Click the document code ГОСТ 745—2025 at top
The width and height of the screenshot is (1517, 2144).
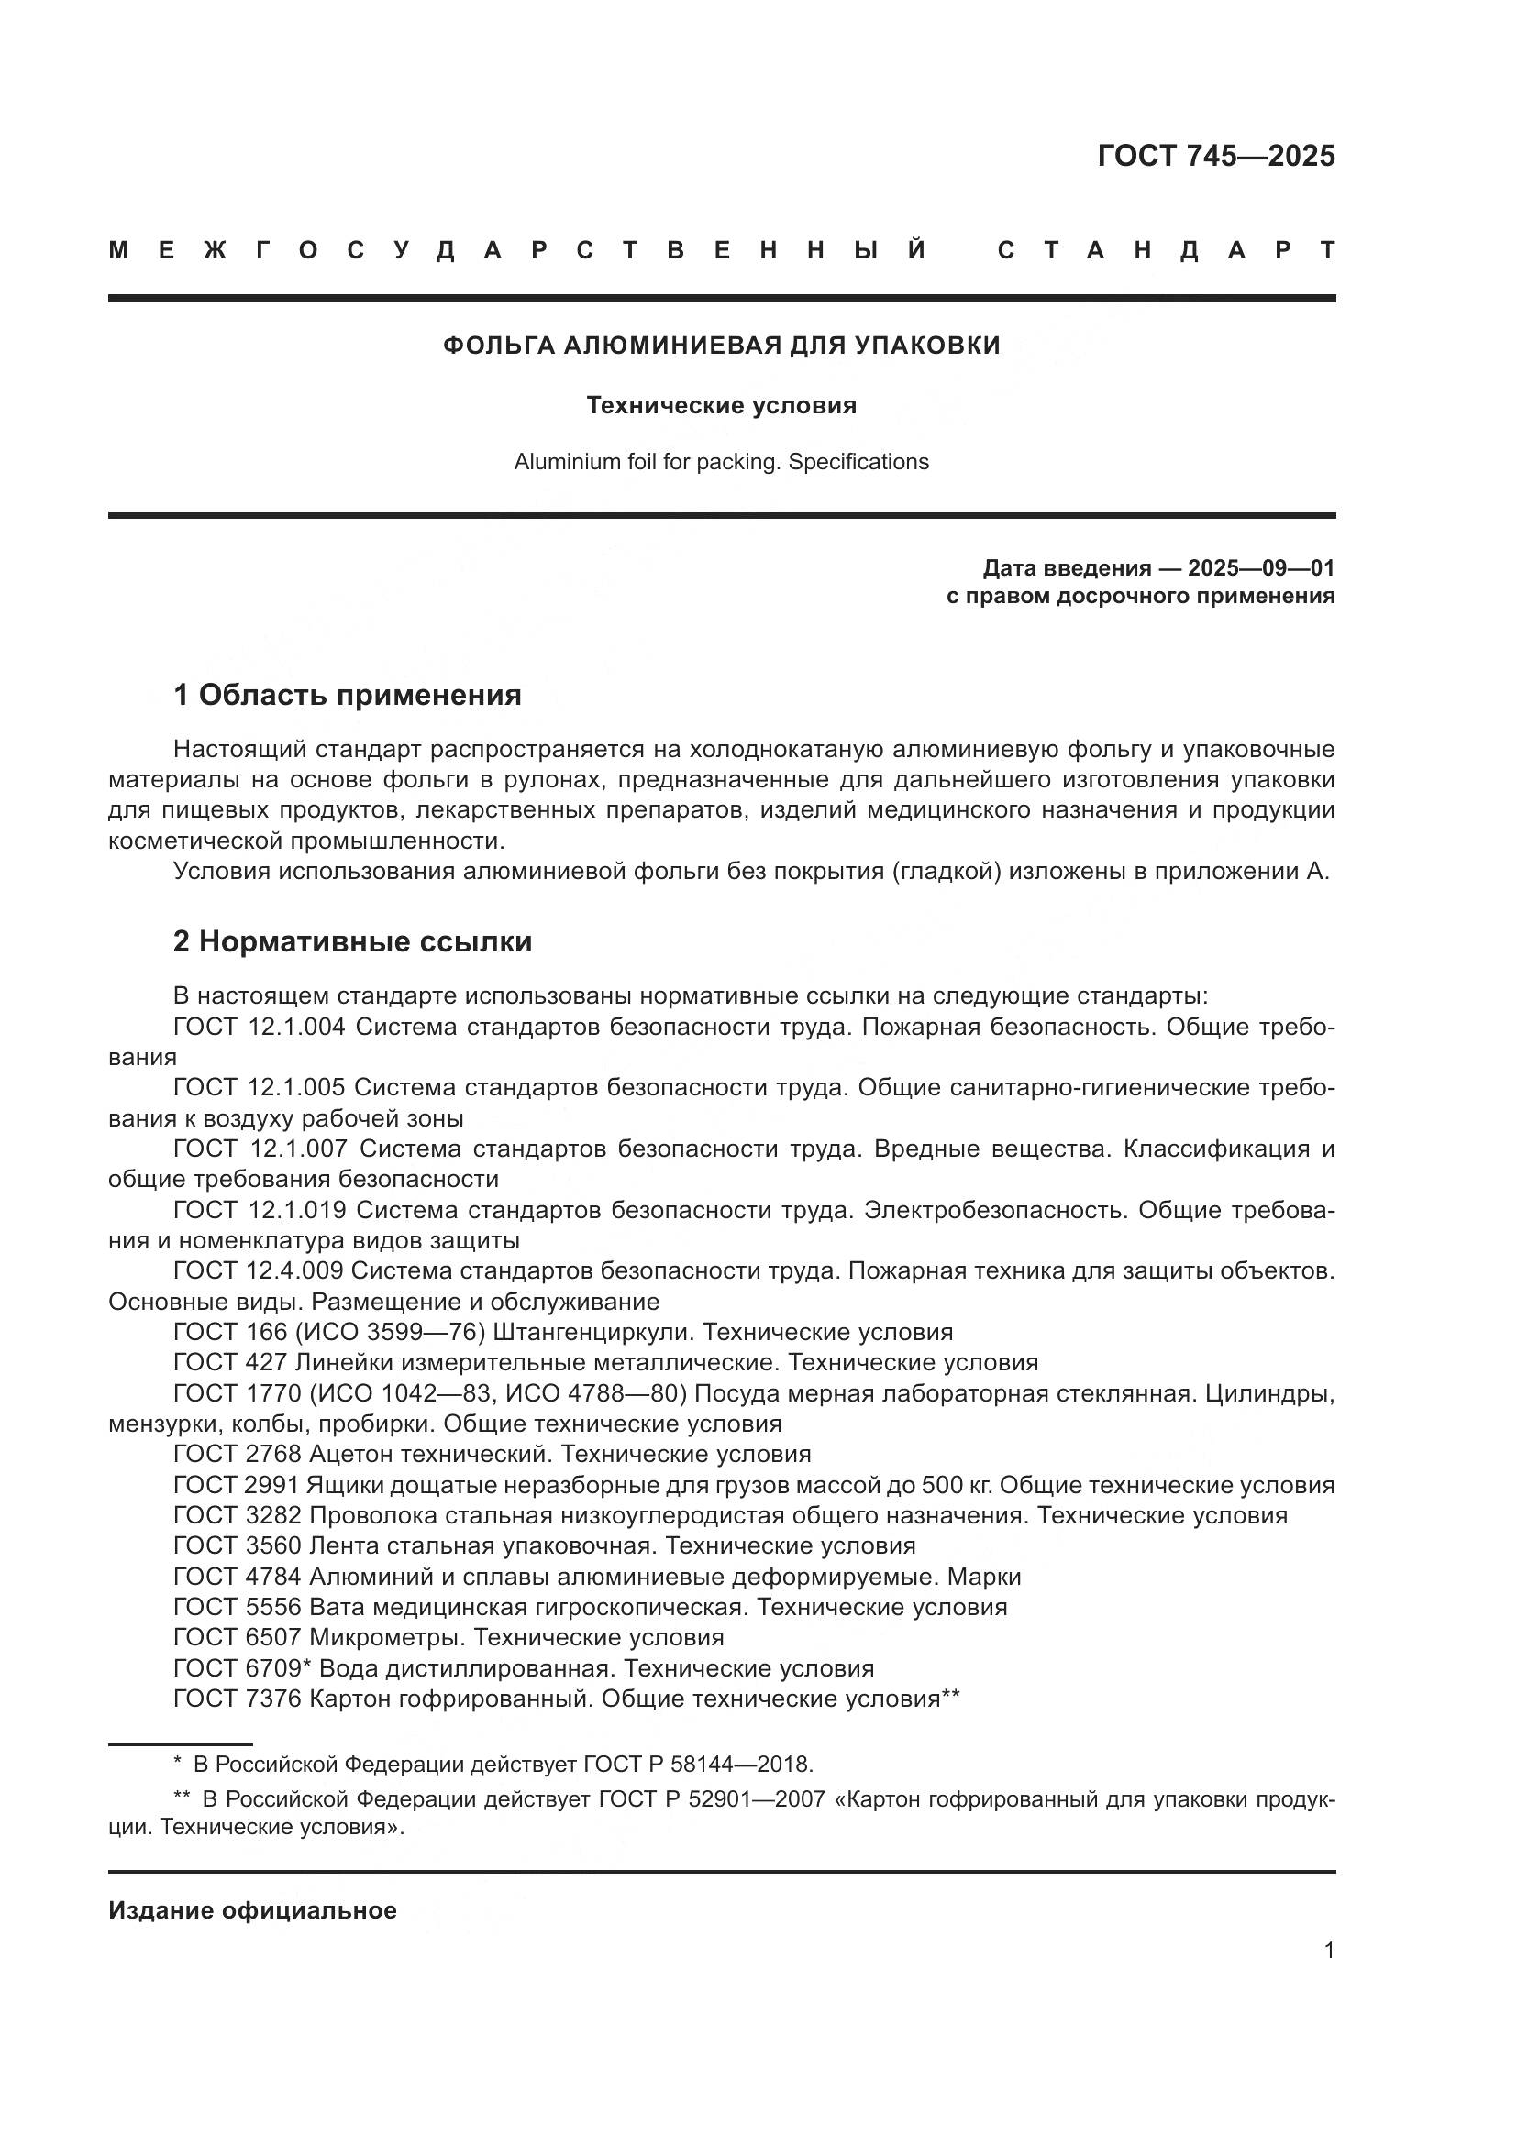click(1215, 155)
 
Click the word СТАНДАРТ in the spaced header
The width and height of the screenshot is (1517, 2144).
click(1166, 250)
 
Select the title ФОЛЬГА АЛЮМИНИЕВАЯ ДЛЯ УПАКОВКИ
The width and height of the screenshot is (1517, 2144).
click(721, 346)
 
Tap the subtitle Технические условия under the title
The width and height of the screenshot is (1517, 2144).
click(721, 405)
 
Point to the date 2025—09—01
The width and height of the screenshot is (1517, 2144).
click(1260, 567)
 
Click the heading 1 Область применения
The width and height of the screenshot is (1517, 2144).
click(348, 695)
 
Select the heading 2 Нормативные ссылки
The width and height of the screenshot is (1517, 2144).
click(352, 941)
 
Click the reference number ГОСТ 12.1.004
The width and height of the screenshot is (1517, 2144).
click(260, 1028)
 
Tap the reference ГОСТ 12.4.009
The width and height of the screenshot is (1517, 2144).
click(259, 1270)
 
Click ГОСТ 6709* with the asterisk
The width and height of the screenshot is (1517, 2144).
click(242, 1667)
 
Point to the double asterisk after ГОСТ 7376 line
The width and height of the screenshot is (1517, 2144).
click(951, 1696)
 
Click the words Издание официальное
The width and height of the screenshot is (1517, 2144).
click(252, 1910)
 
